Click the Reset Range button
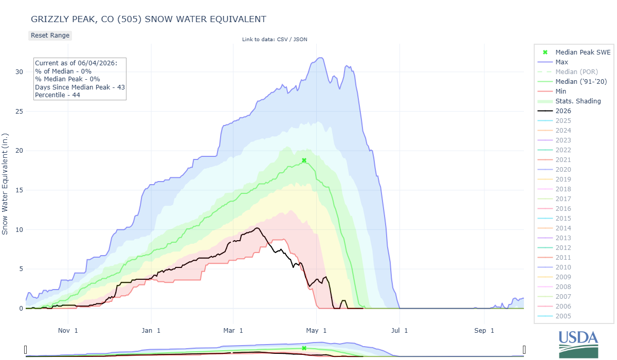point(50,35)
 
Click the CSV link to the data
point(282,40)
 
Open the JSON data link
point(300,40)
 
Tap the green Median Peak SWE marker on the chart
point(304,160)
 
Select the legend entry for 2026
point(563,111)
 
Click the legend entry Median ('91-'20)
point(581,82)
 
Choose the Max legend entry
point(561,62)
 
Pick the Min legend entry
point(560,91)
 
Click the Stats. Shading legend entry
point(578,101)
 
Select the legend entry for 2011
point(563,257)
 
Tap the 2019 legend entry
point(563,179)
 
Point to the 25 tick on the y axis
point(19,111)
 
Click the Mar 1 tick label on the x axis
point(233,331)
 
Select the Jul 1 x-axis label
point(400,331)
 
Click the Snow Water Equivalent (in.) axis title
point(5,184)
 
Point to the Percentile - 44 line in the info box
point(57,95)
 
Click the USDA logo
point(578,344)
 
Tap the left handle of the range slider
point(26,350)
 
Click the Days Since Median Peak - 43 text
point(80,87)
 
